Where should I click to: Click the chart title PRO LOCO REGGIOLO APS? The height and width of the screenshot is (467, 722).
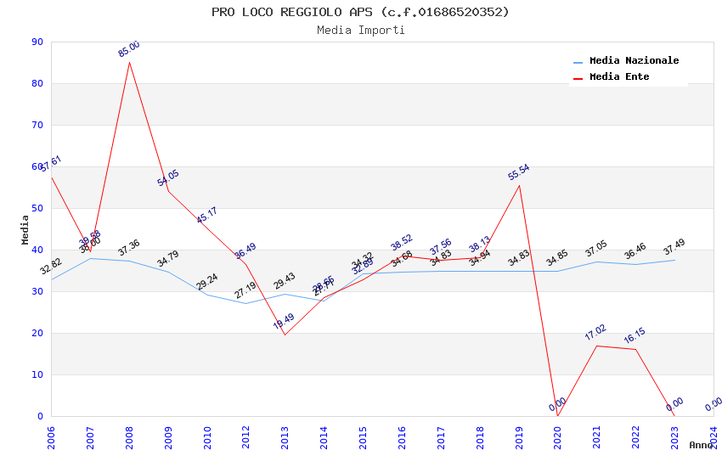point(360,12)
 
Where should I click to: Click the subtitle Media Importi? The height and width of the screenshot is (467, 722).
point(360,31)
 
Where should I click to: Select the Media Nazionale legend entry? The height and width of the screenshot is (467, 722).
point(634,61)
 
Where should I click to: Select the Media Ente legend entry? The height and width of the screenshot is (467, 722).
point(619,77)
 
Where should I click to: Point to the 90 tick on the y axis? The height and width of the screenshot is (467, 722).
point(37,42)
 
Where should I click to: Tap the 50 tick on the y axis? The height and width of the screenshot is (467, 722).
point(37,209)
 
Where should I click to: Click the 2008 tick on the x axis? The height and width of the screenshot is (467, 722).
point(130,437)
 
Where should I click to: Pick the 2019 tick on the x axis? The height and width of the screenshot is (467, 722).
point(520,437)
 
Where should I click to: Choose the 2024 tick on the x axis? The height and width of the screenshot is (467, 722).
point(714,437)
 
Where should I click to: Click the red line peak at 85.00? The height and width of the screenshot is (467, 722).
point(129,62)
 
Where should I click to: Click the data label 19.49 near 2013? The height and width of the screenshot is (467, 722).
point(284,322)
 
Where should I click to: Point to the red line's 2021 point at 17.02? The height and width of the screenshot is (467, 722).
point(597,346)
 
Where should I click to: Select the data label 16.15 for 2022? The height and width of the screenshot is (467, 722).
point(635,335)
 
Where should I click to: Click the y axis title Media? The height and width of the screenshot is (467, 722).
point(25,229)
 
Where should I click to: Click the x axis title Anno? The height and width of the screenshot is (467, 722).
point(701,445)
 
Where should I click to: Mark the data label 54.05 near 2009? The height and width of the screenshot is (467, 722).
point(167,178)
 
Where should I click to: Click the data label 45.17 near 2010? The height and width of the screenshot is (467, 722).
point(206,215)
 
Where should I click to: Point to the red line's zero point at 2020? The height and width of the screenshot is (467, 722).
point(558,415)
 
